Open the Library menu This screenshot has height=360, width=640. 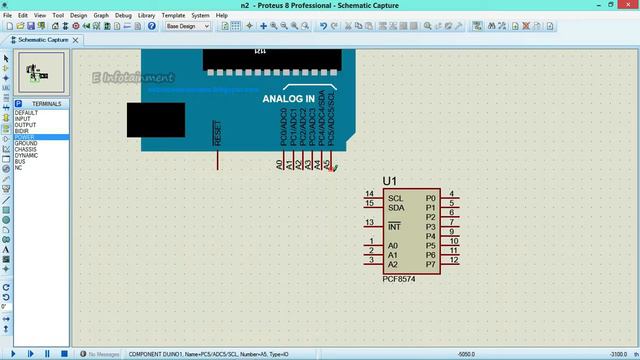(x=147, y=16)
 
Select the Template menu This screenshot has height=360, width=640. (x=173, y=16)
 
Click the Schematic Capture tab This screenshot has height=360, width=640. (x=42, y=40)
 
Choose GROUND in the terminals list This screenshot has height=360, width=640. (x=26, y=143)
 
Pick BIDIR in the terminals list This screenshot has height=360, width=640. (x=22, y=131)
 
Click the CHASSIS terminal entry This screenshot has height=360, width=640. (x=26, y=149)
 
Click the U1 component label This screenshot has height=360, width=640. (x=389, y=181)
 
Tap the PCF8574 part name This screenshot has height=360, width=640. (x=400, y=279)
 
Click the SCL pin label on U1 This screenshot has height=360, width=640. (x=396, y=198)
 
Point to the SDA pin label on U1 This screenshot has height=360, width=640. (x=396, y=207)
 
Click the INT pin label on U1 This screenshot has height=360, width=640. (x=394, y=227)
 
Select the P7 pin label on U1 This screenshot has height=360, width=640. (x=431, y=264)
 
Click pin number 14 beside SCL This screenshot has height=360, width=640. (x=370, y=194)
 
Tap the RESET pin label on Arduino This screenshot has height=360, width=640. (x=217, y=134)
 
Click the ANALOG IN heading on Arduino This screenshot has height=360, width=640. (x=288, y=99)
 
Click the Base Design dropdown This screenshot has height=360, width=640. (x=188, y=27)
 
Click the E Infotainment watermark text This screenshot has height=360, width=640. (x=132, y=78)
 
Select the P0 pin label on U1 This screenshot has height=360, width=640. (x=431, y=198)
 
